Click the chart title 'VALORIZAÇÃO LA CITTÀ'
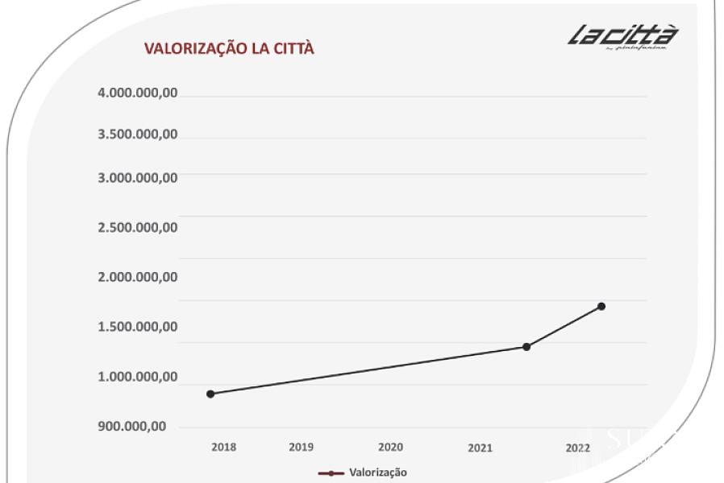[x=229, y=48]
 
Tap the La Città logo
[x=622, y=37]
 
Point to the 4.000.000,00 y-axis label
[x=138, y=93]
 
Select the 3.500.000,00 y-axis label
[x=138, y=134]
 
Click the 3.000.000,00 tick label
[x=138, y=177]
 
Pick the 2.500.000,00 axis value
[x=138, y=227]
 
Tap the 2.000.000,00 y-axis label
[x=138, y=277]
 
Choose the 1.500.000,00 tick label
[x=138, y=327]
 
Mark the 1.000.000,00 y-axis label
[x=138, y=377]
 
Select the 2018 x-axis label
[x=224, y=447]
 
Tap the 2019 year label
[x=301, y=447]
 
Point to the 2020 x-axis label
[x=390, y=447]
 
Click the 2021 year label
[x=480, y=448]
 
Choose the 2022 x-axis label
[x=577, y=448]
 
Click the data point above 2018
[x=210, y=394]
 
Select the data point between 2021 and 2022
[x=526, y=347]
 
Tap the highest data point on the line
[x=601, y=306]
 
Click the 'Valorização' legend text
[x=378, y=473]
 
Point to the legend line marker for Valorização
[x=331, y=473]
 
